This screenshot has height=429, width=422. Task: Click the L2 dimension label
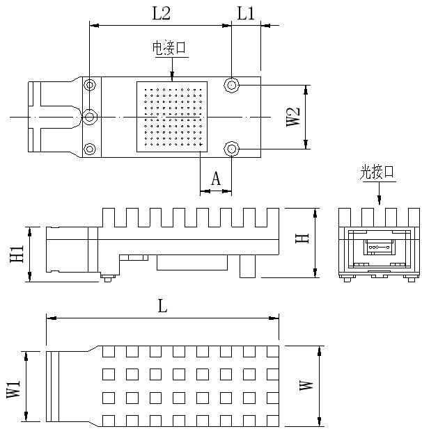click(161, 13)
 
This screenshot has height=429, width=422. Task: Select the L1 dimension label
click(246, 13)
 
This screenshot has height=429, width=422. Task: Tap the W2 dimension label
click(293, 117)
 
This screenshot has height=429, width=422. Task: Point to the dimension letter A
click(216, 179)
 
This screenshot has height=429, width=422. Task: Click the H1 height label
click(17, 254)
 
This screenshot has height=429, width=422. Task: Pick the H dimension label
click(302, 238)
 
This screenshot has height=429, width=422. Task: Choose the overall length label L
click(162, 306)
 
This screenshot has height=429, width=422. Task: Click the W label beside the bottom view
click(306, 385)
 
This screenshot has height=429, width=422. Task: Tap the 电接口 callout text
click(169, 48)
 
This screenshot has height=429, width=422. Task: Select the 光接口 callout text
click(377, 172)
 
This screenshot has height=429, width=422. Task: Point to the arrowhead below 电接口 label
click(172, 76)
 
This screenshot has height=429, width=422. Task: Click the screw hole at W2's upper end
click(232, 85)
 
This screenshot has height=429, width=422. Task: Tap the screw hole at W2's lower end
click(232, 149)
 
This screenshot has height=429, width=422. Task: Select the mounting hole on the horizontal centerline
click(90, 117)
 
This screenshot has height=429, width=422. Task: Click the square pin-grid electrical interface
click(172, 117)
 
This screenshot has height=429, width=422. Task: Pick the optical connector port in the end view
click(380, 247)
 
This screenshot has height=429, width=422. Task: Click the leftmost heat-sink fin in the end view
click(345, 217)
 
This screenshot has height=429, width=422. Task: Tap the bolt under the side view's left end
click(108, 278)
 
